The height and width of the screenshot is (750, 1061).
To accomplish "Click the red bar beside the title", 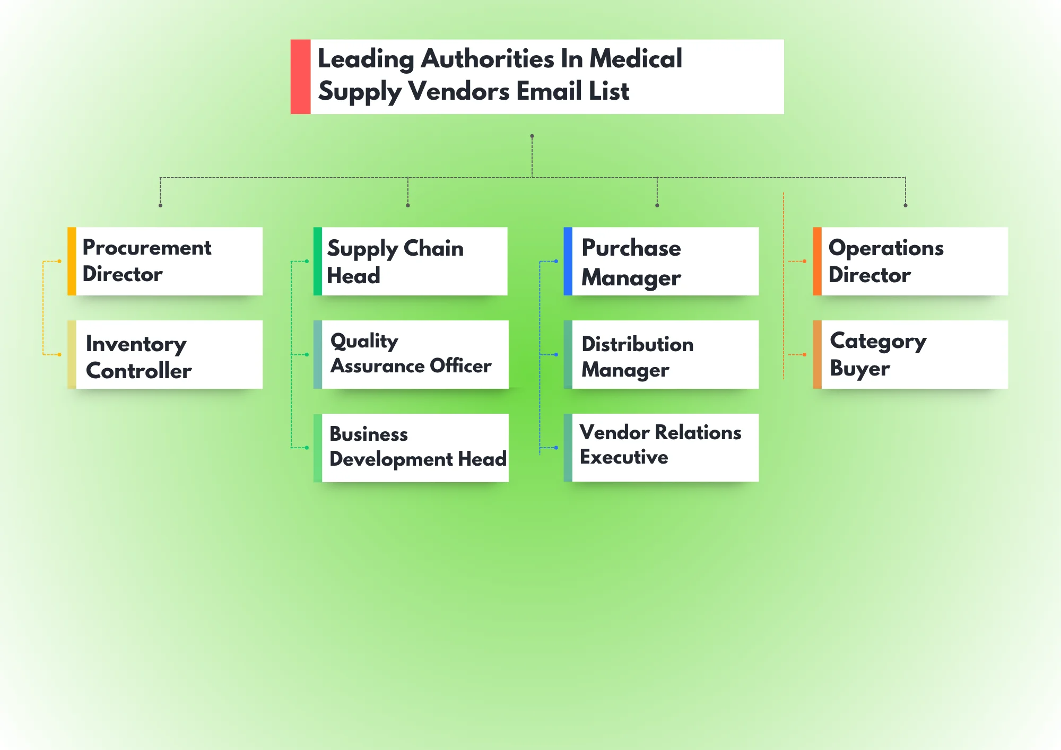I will [x=300, y=76].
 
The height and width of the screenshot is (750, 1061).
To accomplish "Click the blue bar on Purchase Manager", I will [x=568, y=261].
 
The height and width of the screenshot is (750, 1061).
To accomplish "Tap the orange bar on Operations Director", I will [x=817, y=261].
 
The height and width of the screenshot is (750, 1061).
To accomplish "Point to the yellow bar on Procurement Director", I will [x=72, y=261].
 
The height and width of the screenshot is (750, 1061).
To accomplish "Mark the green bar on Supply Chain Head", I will [x=318, y=261].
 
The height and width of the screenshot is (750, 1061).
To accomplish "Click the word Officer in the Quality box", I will [x=460, y=366].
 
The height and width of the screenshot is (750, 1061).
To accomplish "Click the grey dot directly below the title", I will [x=532, y=136].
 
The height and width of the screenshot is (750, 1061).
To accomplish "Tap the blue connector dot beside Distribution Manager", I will [x=556, y=354].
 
